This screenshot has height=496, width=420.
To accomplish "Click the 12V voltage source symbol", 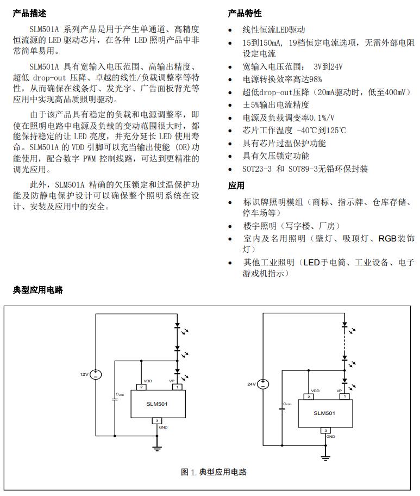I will pos(96,374).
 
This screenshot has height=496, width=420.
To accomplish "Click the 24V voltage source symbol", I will pos(264,383).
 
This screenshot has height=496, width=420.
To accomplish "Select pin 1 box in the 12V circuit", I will pos(178,387).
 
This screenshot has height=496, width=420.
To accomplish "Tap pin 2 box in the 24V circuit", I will pos(309,396).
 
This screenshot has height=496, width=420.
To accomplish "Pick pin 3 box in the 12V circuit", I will pos(156,421).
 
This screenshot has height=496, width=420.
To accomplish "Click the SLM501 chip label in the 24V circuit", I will pos(325,413).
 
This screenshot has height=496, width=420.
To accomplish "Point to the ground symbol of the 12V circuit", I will pos(156,448).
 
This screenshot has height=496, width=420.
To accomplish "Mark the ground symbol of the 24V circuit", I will pos(325,457).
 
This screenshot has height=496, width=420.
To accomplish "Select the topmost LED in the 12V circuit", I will pos(178,327).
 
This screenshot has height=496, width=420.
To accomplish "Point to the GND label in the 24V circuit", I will pos(330,437).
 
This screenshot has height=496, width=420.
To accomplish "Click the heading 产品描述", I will pos(29,14).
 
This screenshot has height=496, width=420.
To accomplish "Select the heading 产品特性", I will pos(245,14).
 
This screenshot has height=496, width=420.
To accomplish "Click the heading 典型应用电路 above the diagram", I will pos(38,290).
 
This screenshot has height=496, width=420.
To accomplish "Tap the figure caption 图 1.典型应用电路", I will pos(214,472).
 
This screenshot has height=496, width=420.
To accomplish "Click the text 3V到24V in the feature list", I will pos(328,67).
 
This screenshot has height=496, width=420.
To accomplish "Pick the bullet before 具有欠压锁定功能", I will pos(231,156).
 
